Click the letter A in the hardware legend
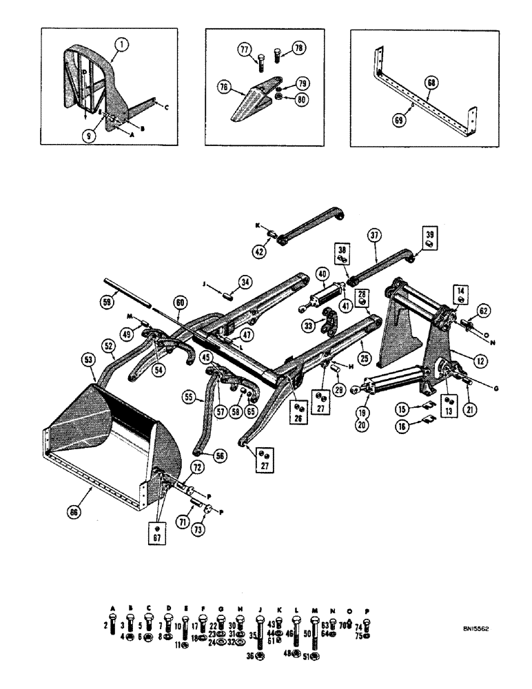(112, 607)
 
